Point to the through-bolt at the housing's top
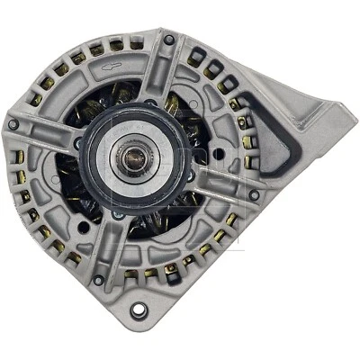click(x=169, y=40)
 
